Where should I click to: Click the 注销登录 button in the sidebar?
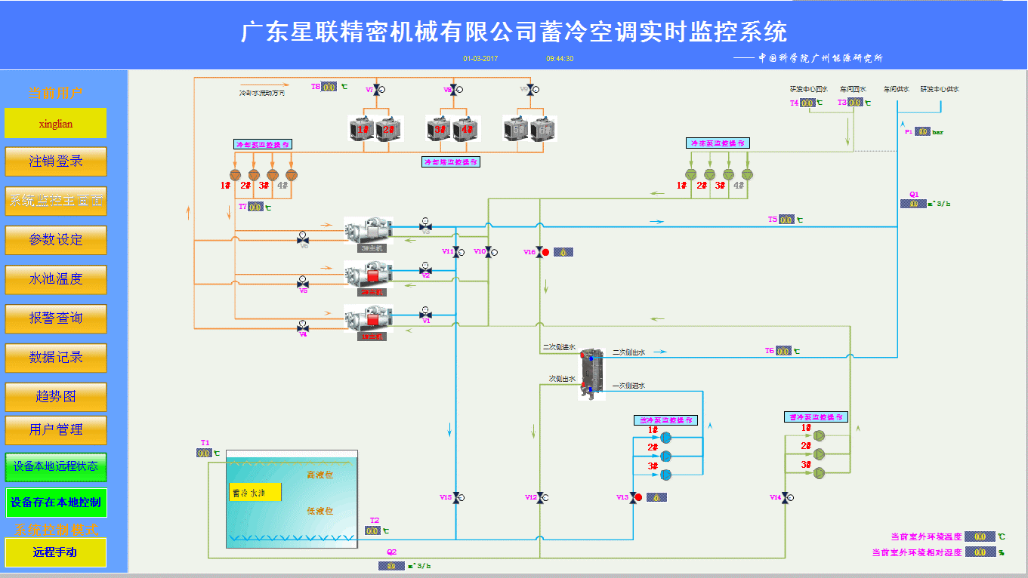click(56, 161)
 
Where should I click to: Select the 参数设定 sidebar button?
click(56, 239)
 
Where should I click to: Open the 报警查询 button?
click(56, 318)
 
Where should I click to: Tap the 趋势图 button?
click(56, 396)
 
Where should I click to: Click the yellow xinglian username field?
click(56, 123)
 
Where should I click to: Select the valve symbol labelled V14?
click(786, 497)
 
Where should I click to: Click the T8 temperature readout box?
click(329, 87)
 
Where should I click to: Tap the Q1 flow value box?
click(913, 204)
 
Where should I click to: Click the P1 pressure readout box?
click(922, 131)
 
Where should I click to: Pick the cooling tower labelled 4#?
click(467, 129)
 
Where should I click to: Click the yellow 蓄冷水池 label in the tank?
click(255, 492)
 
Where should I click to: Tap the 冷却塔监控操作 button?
click(451, 161)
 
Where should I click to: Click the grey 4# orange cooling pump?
click(292, 175)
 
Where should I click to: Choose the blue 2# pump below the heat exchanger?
click(665, 456)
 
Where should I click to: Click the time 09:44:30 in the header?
click(560, 58)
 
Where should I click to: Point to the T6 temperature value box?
click(783, 351)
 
